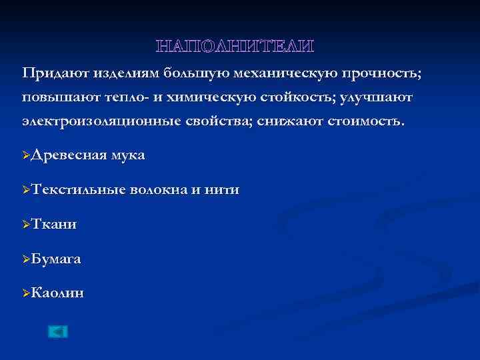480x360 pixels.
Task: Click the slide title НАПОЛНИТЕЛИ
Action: pos(234,46)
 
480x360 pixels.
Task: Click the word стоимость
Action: pos(366,123)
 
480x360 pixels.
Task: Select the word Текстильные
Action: pos(78,190)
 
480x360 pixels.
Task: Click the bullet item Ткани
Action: pos(53,225)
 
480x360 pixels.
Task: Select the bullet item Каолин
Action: pos(57,293)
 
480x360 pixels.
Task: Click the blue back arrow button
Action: pos(58,331)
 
